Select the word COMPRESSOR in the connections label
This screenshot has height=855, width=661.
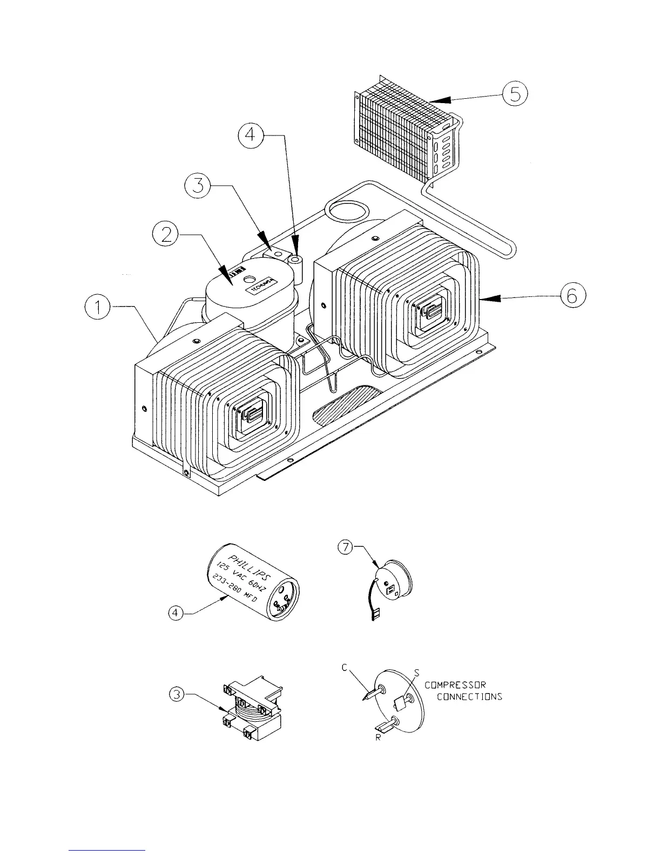(455, 685)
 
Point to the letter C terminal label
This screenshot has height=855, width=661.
(344, 668)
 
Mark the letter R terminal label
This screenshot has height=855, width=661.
(379, 738)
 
